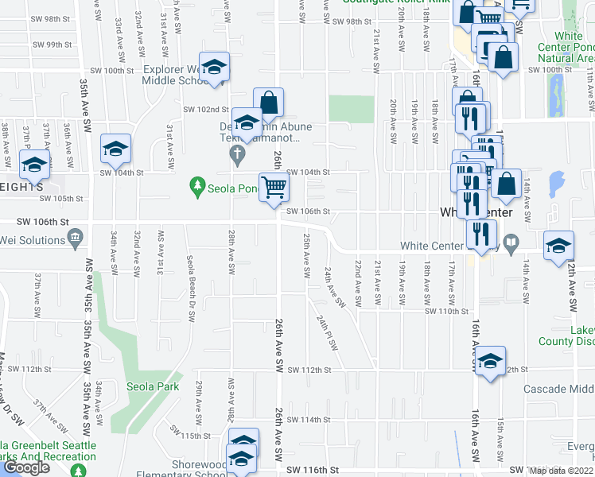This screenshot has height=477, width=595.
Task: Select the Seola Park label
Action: pos(153,387)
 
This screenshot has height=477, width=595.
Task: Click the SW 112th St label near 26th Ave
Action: pos(308,370)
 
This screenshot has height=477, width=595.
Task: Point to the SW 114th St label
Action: pos(308,420)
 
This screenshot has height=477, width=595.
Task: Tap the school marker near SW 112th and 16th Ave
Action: pos(491,362)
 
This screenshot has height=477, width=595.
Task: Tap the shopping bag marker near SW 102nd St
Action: pos(269,102)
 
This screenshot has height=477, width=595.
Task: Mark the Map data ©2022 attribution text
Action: pos(562,471)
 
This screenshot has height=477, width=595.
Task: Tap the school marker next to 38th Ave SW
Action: pos(34,165)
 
